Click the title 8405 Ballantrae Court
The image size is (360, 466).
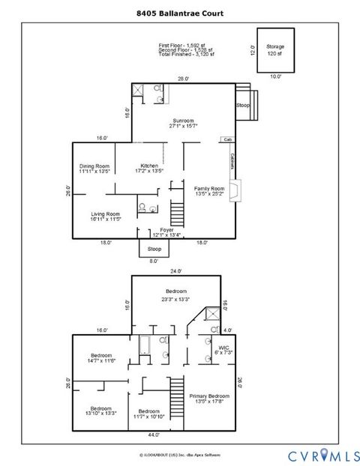click(x=179, y=13)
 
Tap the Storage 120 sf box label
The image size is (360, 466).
click(x=275, y=50)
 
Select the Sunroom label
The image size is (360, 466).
click(x=183, y=124)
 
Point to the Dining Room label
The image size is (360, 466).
click(x=95, y=169)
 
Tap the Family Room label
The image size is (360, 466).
click(x=209, y=191)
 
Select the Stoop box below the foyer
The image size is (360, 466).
click(x=154, y=248)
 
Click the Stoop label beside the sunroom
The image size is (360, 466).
click(x=243, y=106)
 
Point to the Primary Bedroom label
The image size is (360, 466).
click(x=208, y=398)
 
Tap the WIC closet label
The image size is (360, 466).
click(x=223, y=351)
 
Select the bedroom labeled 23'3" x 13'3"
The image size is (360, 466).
click(x=176, y=294)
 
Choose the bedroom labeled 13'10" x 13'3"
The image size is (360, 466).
click(x=101, y=411)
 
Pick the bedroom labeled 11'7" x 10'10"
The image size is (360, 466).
click(x=149, y=413)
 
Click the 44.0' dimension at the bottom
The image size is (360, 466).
click(x=154, y=435)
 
